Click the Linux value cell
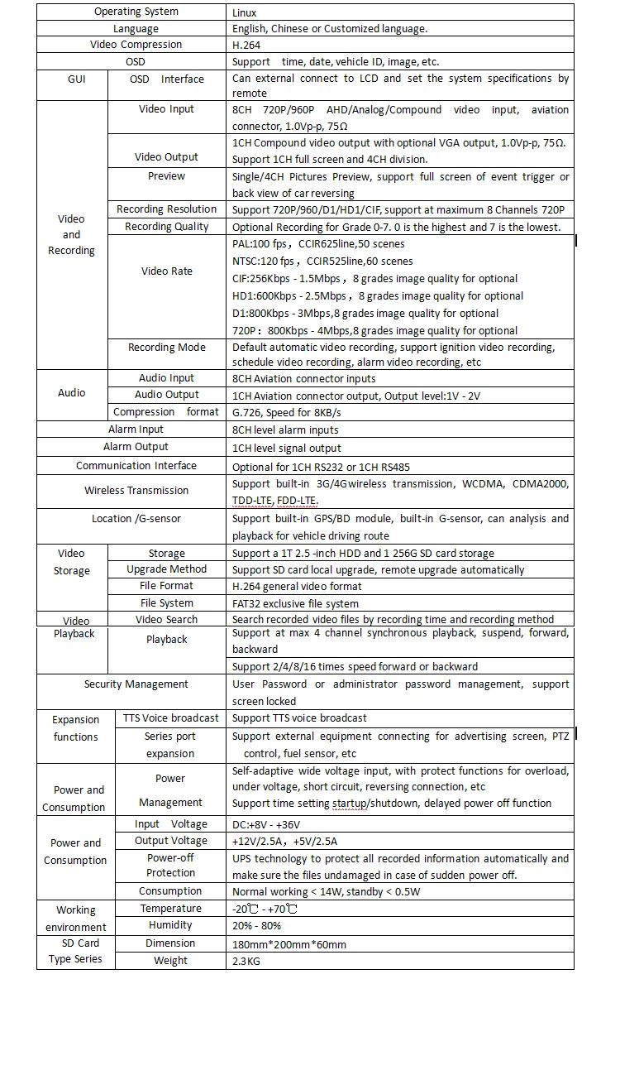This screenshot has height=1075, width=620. [x=245, y=12]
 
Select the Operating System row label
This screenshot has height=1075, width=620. [x=136, y=12]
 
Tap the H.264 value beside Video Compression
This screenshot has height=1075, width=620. [x=246, y=45]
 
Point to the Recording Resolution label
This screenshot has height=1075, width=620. [x=167, y=209]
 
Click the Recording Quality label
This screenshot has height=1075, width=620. [x=167, y=227]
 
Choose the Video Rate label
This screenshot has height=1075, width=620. [x=167, y=271]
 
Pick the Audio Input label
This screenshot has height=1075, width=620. [x=167, y=378]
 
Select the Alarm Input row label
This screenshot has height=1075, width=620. [x=136, y=430]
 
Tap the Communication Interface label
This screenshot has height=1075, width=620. [x=136, y=466]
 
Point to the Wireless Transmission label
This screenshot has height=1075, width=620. [x=136, y=491]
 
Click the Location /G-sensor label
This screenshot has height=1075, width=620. [x=136, y=519]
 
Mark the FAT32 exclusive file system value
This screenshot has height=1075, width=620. [x=295, y=603]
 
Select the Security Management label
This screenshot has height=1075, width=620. [x=136, y=684]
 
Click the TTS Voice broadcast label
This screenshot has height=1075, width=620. [x=171, y=718]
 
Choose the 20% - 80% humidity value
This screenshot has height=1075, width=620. [x=257, y=925]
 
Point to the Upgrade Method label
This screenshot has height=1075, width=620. [x=167, y=569]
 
